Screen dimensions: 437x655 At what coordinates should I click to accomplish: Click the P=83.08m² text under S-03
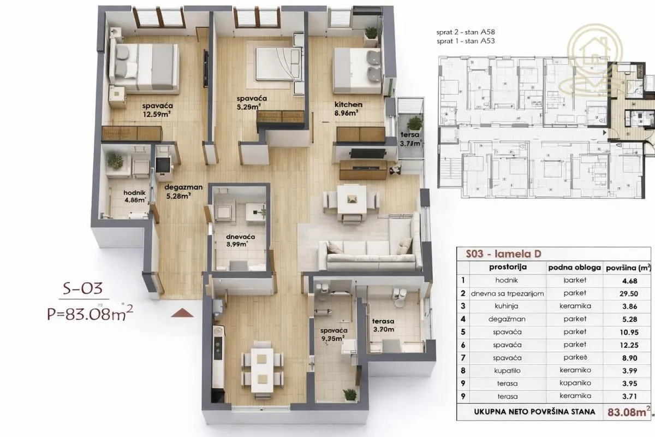[90, 314]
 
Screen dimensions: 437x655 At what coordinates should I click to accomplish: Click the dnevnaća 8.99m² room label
[240, 240]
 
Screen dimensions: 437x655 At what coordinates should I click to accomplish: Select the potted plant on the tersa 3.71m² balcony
[415, 123]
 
